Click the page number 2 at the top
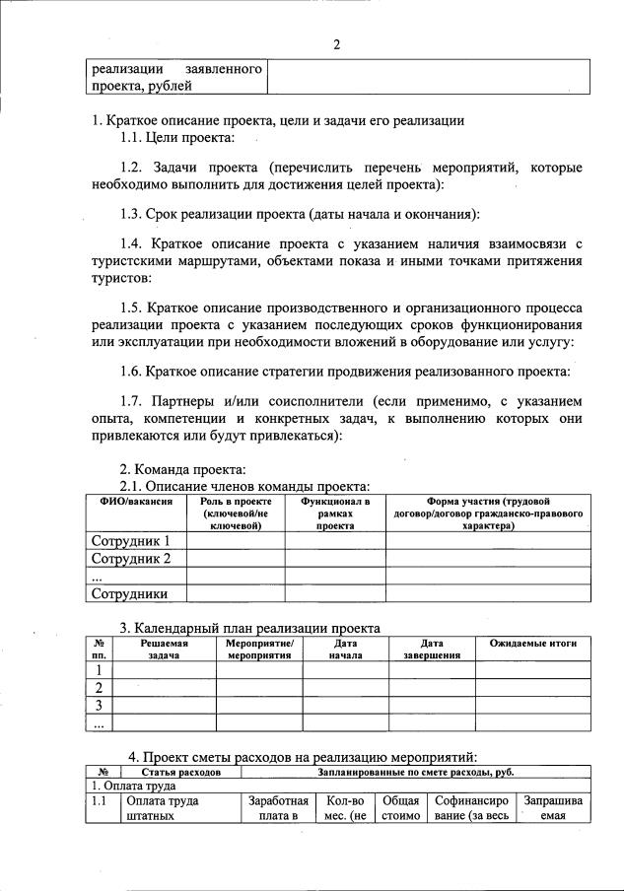336,44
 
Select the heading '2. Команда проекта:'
182,468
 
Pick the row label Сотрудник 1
131,541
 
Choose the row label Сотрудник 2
131,559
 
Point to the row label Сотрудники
129,593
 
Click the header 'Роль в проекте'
236,502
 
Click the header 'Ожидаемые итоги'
532,644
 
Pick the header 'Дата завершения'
433,649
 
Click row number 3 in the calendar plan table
99,706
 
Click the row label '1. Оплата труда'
134,787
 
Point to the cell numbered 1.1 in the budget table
100,801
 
